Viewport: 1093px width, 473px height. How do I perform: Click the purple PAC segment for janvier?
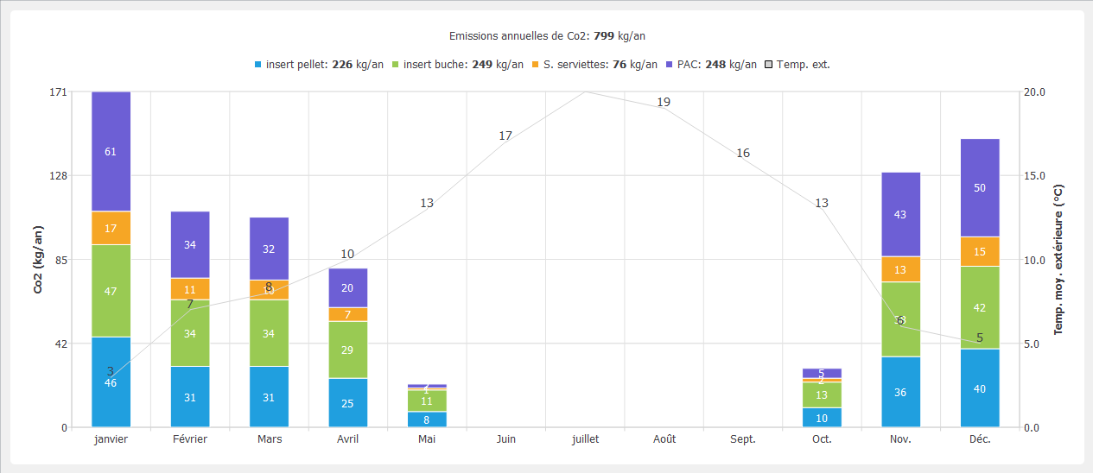coord(111,151)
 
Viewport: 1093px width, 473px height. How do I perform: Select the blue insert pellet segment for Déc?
coord(979,388)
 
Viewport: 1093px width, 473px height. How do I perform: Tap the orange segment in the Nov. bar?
coord(900,269)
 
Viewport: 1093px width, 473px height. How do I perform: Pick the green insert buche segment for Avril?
coord(347,350)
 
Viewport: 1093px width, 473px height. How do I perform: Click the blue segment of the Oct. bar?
coord(822,418)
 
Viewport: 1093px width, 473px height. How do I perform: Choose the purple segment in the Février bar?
coord(190,244)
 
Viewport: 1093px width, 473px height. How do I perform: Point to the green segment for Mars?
coord(269,333)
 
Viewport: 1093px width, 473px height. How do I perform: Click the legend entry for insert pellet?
coord(319,65)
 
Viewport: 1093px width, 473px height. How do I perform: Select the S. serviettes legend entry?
coord(594,65)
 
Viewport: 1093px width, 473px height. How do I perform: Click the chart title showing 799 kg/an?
coord(547,36)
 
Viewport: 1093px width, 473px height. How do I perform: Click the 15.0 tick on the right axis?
coord(1034,176)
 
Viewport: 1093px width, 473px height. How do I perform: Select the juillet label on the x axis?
coord(585,439)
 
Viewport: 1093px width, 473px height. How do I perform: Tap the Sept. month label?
coord(743,439)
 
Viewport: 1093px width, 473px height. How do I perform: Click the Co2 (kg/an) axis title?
coord(38,260)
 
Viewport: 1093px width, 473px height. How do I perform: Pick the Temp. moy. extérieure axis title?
coord(1059,260)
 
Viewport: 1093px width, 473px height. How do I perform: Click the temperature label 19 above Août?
coord(664,103)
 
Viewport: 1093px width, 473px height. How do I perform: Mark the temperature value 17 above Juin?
coord(505,136)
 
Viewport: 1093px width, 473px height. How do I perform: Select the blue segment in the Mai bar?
coord(427,419)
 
